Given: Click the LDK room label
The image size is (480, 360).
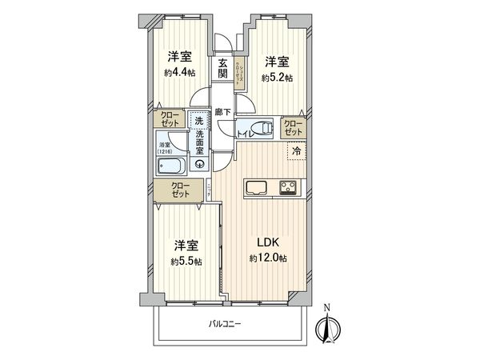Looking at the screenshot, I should [268, 242].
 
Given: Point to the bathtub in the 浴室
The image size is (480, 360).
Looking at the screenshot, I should [171, 166].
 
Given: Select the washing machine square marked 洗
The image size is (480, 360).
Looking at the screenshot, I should [198, 120].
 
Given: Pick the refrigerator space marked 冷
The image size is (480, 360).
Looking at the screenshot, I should [296, 150].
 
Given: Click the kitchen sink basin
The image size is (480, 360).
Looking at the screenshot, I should [258, 189].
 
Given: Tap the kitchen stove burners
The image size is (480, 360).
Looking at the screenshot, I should [288, 189].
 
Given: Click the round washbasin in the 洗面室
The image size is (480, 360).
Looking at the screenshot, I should [199, 165].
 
